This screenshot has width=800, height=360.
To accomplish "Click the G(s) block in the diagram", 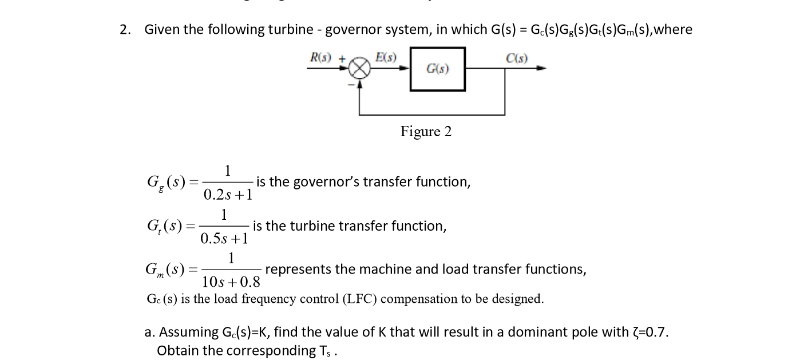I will pos(438,69).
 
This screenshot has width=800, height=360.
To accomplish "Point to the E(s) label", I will pos(386,57).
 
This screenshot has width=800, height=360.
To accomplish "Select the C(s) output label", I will pos(517,58).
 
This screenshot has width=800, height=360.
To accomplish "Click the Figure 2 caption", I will pos(426,132).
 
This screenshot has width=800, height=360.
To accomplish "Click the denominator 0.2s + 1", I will pos(228,195).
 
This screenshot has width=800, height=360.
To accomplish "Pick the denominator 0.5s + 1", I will pos(224,238).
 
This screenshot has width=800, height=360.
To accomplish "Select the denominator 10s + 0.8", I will pos(231,282).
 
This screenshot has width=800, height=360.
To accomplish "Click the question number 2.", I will pos(124,30).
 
